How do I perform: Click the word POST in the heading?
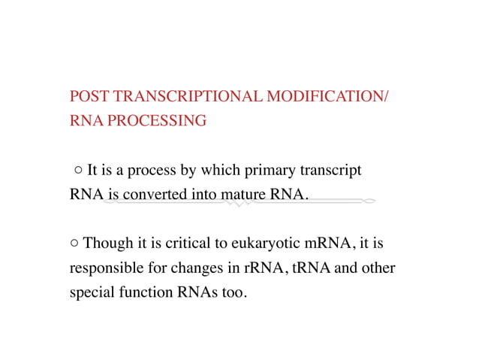pos(86,98)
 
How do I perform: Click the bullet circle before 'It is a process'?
pos(79,171)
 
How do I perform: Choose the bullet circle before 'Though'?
pos(74,244)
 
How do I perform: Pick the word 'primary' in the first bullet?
pos(271,171)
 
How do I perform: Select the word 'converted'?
pos(154,195)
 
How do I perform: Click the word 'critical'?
pos(176,244)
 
